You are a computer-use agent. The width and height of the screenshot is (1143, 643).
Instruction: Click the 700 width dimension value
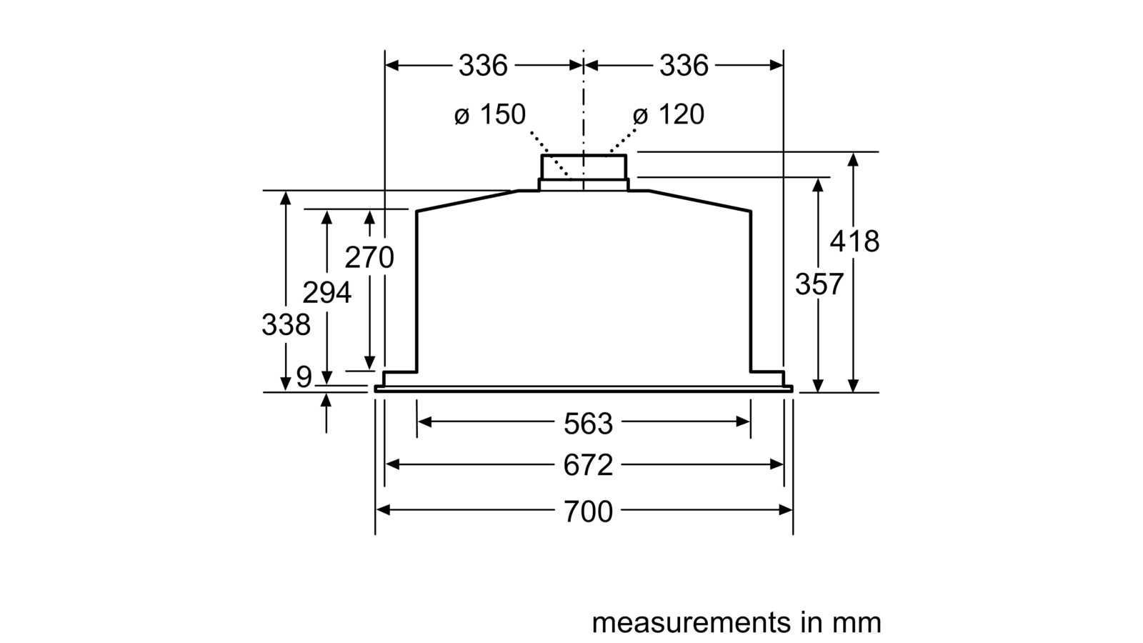[x=588, y=512]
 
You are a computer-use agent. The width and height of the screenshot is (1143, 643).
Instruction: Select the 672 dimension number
[x=588, y=465]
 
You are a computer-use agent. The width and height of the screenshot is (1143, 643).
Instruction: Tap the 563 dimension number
[x=588, y=424]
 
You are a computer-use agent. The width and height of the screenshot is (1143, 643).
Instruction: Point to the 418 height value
[x=854, y=241]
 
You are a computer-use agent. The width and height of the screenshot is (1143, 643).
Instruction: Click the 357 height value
[x=819, y=284]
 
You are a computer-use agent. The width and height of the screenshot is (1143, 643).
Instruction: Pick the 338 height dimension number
[x=286, y=324]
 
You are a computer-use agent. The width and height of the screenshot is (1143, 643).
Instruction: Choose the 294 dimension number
[x=326, y=293]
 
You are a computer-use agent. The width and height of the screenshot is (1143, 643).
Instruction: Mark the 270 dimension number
[x=369, y=257]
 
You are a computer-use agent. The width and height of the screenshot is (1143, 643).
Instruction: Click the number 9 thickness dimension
[x=304, y=377]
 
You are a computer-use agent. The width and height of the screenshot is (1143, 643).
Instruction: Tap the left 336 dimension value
[x=483, y=66]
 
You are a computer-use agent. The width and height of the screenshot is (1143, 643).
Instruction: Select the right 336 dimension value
[x=684, y=66]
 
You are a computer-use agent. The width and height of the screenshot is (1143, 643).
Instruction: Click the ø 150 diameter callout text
[x=490, y=114]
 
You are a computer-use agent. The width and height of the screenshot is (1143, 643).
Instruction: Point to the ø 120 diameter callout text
[x=669, y=114]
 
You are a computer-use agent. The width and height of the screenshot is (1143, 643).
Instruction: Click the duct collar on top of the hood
[x=584, y=172]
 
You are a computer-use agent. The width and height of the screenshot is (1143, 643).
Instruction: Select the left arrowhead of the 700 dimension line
[x=383, y=510]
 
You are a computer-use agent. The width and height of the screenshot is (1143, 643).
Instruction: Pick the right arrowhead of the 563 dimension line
[x=743, y=422]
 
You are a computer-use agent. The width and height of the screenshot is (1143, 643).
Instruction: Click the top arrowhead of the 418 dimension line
[x=853, y=159]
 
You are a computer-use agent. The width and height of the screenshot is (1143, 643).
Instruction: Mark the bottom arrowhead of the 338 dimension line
[x=286, y=384]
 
